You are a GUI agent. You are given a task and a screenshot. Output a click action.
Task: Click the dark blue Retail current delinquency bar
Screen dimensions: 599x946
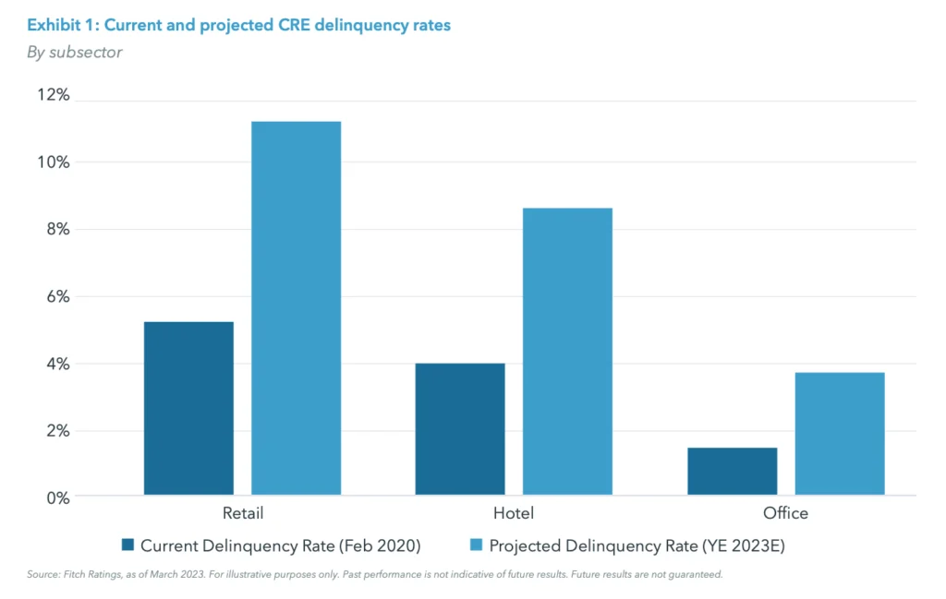[x=188, y=408]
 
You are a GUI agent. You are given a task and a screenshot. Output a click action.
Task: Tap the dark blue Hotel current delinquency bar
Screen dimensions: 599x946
[x=460, y=429]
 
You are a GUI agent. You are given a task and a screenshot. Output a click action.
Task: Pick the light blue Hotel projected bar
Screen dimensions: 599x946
[x=567, y=351]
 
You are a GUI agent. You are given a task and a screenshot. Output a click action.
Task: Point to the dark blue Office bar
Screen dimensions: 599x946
[x=732, y=471]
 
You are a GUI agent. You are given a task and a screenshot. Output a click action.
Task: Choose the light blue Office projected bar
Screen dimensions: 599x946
[x=839, y=433]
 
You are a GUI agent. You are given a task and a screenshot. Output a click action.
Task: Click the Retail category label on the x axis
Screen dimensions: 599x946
[x=242, y=513]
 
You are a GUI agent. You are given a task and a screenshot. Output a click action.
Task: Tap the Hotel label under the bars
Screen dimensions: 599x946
[x=514, y=513]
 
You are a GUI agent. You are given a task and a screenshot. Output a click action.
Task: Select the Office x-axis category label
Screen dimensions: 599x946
[x=785, y=513]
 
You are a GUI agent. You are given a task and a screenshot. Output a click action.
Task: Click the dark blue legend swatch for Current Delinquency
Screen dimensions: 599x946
[x=128, y=545]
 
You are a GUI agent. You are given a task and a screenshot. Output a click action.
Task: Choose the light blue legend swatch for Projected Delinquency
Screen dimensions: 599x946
[x=477, y=545]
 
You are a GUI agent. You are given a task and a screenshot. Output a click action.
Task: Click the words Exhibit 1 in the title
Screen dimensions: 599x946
[x=62, y=26]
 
